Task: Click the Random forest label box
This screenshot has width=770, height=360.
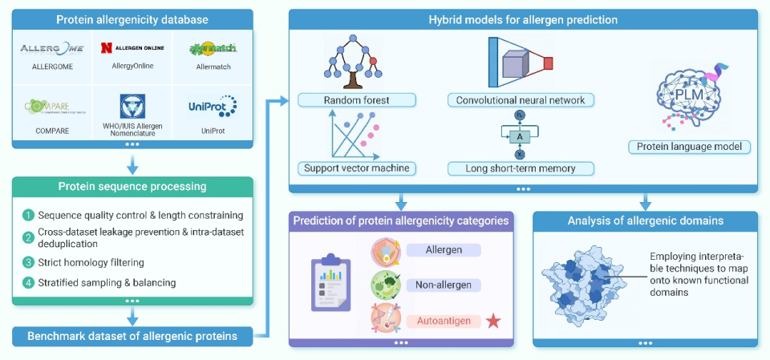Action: click(x=357, y=100)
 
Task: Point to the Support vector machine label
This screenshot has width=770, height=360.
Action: click(x=357, y=168)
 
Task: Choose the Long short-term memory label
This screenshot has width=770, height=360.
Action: click(x=521, y=168)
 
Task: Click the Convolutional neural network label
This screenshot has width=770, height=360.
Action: click(x=521, y=100)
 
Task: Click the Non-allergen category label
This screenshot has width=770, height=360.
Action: click(x=444, y=285)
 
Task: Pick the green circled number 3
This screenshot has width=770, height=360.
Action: click(x=29, y=261)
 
